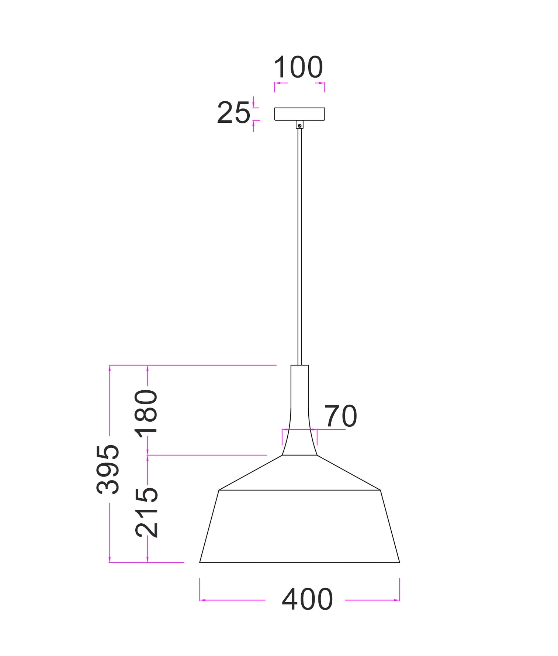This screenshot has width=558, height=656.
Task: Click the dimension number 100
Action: pyautogui.click(x=298, y=67)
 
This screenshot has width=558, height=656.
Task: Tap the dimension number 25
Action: pyautogui.click(x=233, y=113)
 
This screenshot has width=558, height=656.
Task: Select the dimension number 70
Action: pyautogui.click(x=340, y=416)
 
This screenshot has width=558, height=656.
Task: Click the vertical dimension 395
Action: pyautogui.click(x=108, y=469)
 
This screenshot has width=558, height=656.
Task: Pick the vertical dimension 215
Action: pyautogui.click(x=146, y=512)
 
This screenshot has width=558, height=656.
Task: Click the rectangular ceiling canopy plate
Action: pyautogui.click(x=299, y=114)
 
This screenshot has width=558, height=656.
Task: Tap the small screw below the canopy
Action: pyautogui.click(x=299, y=126)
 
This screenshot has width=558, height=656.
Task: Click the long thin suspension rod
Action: pyautogui.click(x=299, y=243)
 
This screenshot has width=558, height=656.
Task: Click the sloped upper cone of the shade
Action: pyautogui.click(x=299, y=474)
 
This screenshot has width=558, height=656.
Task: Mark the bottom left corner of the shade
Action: pyautogui.click(x=200, y=562)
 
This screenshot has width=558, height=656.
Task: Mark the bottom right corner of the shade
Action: pyautogui.click(x=399, y=562)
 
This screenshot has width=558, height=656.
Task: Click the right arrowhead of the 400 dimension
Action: pyautogui.click(x=397, y=600)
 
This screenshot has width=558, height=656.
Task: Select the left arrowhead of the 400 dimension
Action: pyautogui.click(x=202, y=600)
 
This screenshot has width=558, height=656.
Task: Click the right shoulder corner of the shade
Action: pyautogui.click(x=380, y=490)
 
